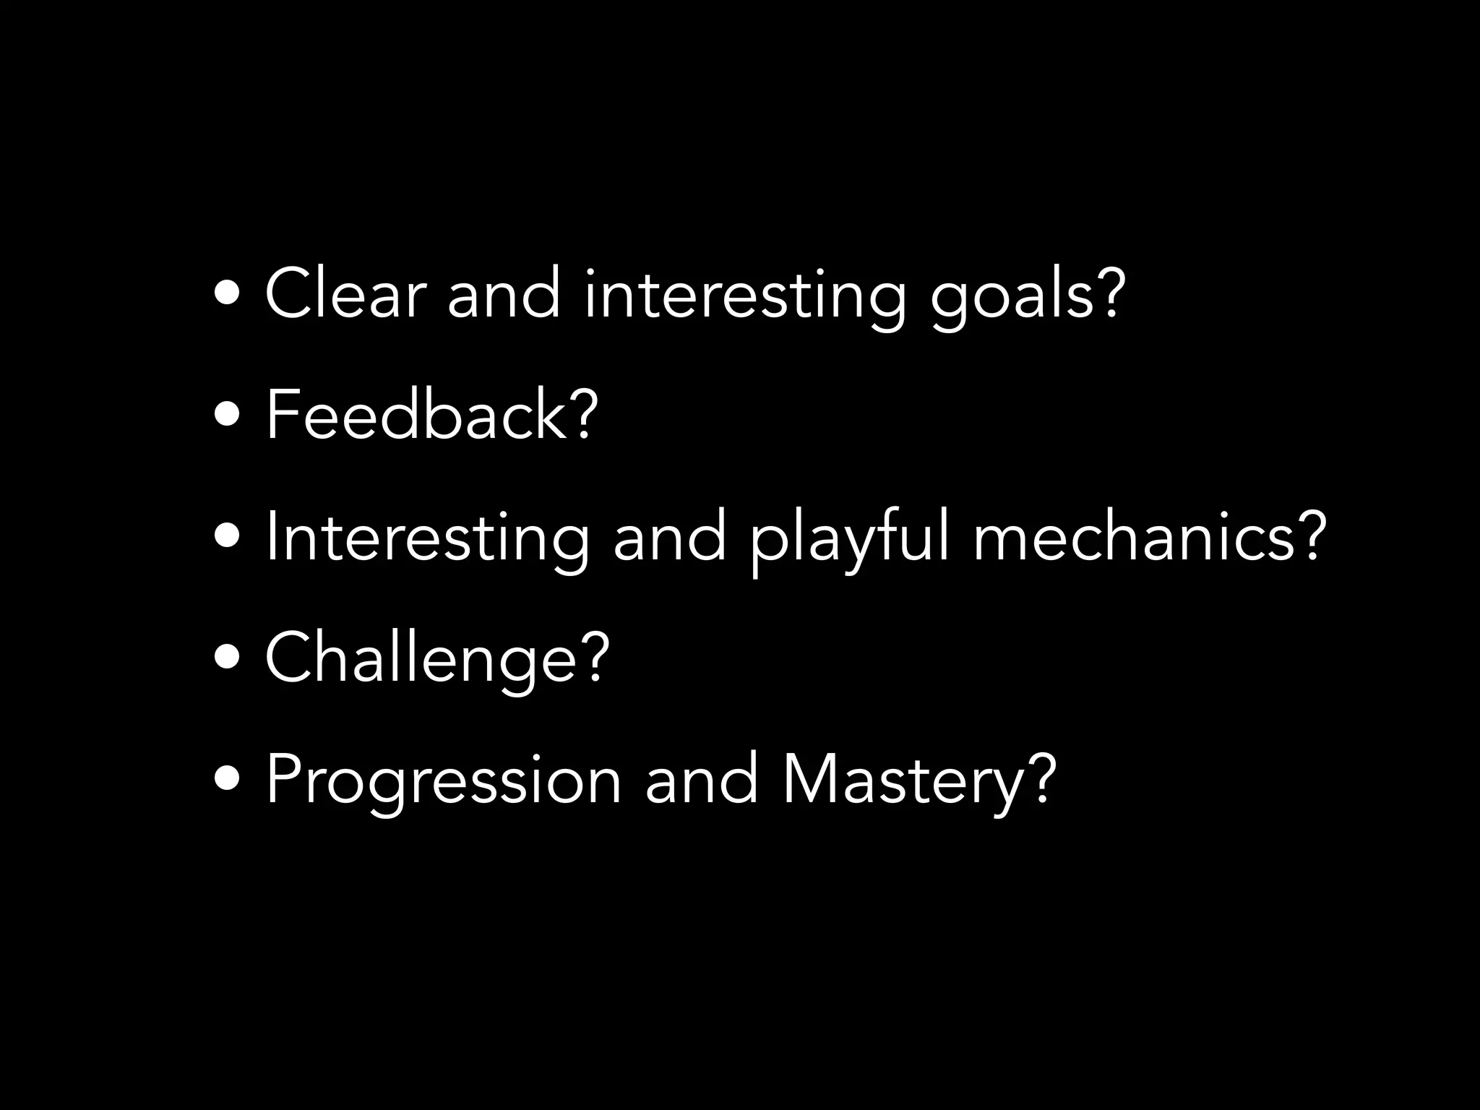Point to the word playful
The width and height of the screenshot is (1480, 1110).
coord(849,538)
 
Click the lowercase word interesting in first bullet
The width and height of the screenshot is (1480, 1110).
coord(744,296)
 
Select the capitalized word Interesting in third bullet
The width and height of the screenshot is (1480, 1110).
coord(427,538)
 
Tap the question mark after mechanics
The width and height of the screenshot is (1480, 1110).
coord(1311,535)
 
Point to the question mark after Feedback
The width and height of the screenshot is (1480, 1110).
coord(585,413)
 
